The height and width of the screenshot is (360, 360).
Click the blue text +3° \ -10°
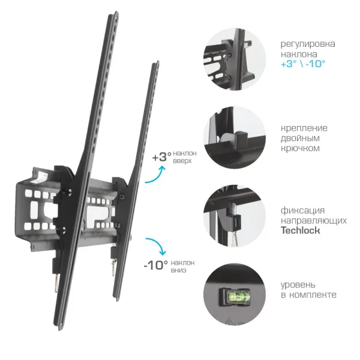point(303,64)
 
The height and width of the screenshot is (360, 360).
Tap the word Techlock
point(301,230)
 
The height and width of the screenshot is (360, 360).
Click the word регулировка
point(308,44)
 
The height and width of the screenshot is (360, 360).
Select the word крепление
point(304,128)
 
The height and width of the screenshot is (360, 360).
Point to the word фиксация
point(302,211)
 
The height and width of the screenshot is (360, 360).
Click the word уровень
point(298,285)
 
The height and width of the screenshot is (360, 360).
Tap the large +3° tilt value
point(162,157)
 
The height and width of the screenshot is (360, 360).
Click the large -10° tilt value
point(156,265)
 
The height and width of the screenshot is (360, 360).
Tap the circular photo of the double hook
point(235,137)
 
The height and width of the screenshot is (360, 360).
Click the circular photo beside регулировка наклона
point(235,59)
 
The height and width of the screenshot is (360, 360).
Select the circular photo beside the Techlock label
point(235,216)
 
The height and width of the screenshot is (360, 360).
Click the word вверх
point(182,161)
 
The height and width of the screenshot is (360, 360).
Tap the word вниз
point(178,270)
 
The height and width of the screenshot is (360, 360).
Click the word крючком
point(300,148)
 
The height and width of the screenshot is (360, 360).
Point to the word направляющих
point(314,221)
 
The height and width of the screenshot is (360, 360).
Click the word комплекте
point(313,295)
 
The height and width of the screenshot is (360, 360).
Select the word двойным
point(300,139)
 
